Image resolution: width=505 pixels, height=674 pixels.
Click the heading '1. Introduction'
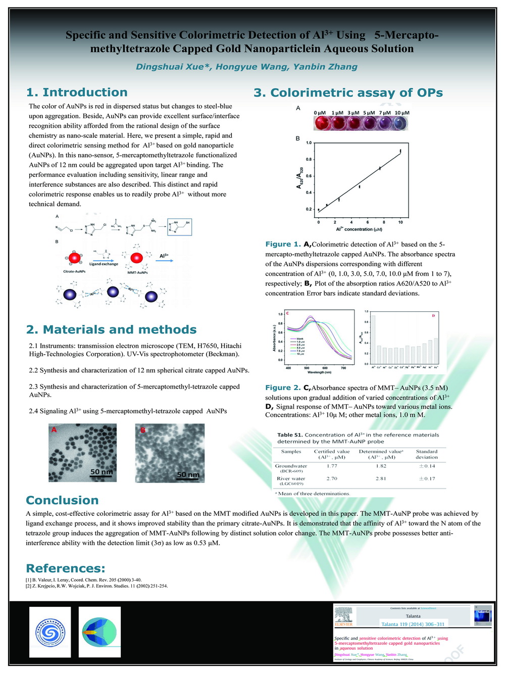(77, 92)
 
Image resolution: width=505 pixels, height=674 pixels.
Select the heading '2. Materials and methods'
(111, 329)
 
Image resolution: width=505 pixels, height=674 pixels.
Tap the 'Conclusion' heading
(62, 500)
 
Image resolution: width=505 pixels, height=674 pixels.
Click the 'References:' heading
(66, 568)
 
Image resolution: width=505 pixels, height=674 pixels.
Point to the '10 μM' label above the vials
(402, 113)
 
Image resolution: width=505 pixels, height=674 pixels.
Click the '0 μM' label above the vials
(320, 113)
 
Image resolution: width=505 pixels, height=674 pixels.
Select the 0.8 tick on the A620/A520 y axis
(309, 160)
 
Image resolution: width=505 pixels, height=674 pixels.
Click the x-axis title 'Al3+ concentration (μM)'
(359, 229)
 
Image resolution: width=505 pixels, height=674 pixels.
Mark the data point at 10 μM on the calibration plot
(400, 151)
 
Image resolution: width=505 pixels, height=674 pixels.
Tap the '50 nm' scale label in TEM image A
(102, 472)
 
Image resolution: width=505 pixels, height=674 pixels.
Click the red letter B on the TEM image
(143, 430)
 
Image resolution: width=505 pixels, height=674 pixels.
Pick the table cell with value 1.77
(332, 466)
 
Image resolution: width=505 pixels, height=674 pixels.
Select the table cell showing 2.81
(381, 478)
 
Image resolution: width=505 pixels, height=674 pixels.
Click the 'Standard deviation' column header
(427, 454)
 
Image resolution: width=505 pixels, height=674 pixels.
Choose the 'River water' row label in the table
(291, 478)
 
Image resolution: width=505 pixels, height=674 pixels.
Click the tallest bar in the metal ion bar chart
(373, 340)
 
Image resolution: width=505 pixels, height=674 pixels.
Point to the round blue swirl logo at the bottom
(50, 632)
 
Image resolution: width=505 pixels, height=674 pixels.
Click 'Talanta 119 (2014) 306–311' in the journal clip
(413, 624)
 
